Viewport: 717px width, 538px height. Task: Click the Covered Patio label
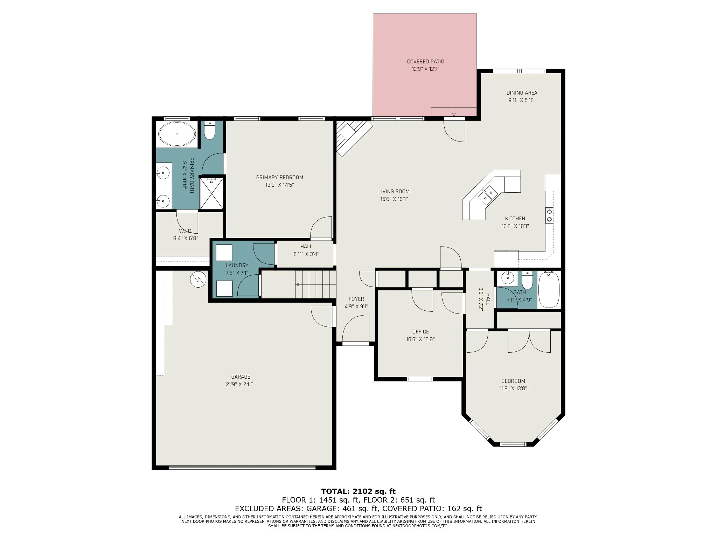pos(425,62)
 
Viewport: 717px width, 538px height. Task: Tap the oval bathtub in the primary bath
pos(177,134)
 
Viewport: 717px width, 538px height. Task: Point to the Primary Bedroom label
pos(279,178)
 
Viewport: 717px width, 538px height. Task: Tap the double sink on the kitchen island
pos(488,195)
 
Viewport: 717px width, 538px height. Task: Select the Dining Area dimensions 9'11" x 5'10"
pos(522,100)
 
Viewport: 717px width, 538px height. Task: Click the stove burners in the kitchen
pos(549,215)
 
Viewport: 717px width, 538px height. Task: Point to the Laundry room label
pos(237,265)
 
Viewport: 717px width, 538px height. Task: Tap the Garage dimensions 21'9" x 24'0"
pos(241,384)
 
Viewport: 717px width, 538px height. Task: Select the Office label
pos(420,332)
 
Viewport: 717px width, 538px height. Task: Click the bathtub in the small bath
pos(549,289)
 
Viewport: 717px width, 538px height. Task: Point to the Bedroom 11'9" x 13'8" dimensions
pos(513,388)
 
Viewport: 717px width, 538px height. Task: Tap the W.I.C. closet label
pos(186,231)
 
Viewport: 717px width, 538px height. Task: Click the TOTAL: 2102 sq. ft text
pos(358,491)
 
